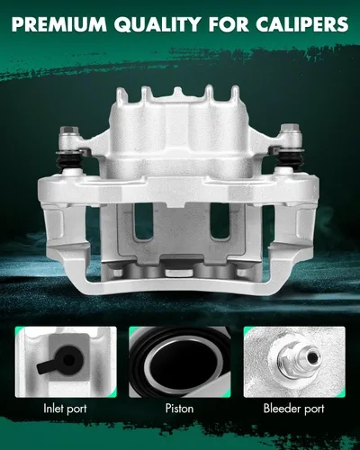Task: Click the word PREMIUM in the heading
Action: tap(59, 24)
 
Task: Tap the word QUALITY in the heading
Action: tap(157, 24)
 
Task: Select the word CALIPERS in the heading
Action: tap(302, 24)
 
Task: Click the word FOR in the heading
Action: tap(229, 24)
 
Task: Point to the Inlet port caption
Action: tap(65, 409)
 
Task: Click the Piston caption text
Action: tap(179, 409)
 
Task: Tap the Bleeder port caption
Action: tap(294, 409)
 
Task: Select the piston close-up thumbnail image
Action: tap(180, 362)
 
